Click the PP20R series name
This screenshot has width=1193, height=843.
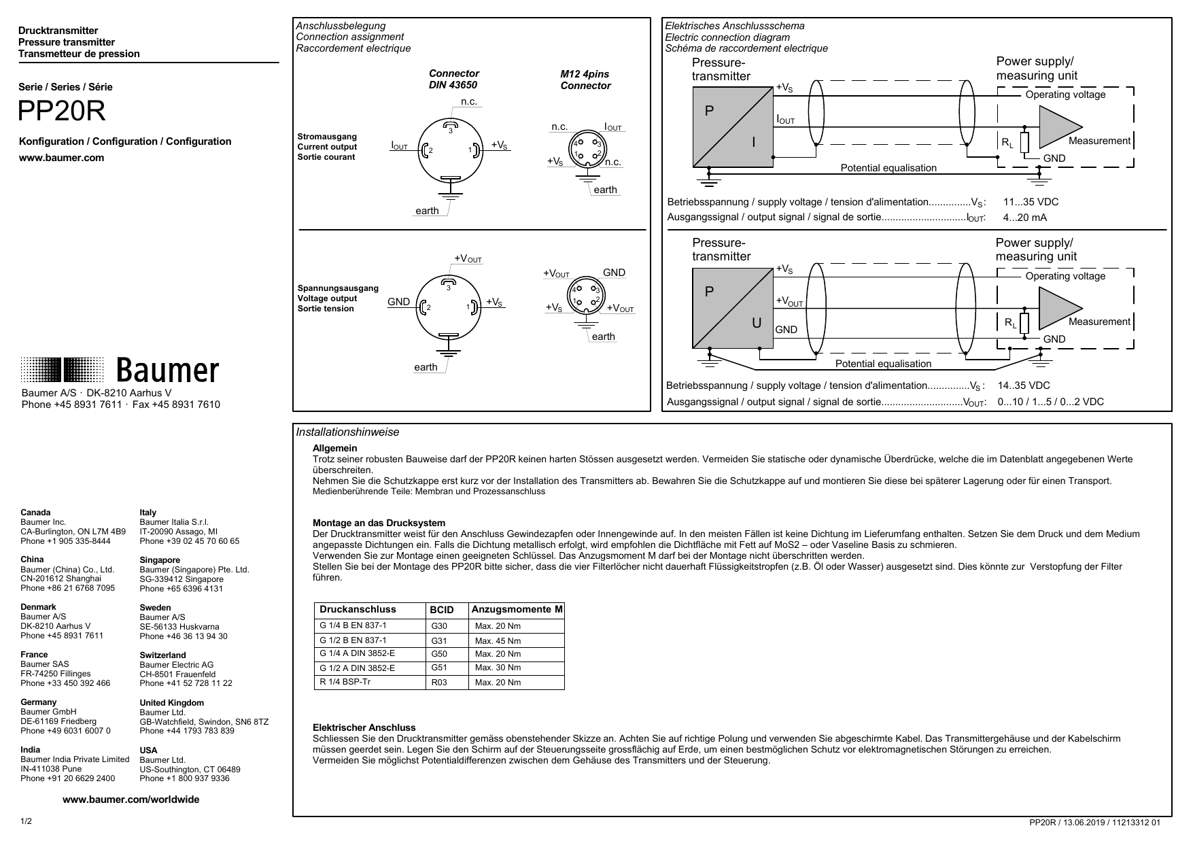point(62,112)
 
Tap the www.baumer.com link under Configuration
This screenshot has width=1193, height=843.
point(61,158)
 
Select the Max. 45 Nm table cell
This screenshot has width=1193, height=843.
point(498,641)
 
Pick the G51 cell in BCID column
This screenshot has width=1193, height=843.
point(439,668)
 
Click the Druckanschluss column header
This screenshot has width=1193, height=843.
point(358,609)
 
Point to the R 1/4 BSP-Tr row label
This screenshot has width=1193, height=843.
point(345,681)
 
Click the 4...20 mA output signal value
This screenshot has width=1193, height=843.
point(1024,218)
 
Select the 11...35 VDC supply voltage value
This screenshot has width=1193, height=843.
point(1031,202)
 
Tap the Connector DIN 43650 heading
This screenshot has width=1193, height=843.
point(453,79)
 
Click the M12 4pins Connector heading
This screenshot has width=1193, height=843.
point(585,80)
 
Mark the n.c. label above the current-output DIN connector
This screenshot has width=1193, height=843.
point(469,102)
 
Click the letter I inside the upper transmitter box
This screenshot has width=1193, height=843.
point(753,143)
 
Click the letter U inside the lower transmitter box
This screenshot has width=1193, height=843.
point(756,324)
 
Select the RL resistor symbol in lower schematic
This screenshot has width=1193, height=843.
point(1024,324)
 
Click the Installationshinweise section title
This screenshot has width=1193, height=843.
point(347,432)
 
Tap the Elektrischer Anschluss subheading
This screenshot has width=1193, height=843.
point(364,727)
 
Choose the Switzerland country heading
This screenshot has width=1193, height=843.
point(162,655)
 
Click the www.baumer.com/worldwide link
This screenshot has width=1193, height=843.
point(131,799)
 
